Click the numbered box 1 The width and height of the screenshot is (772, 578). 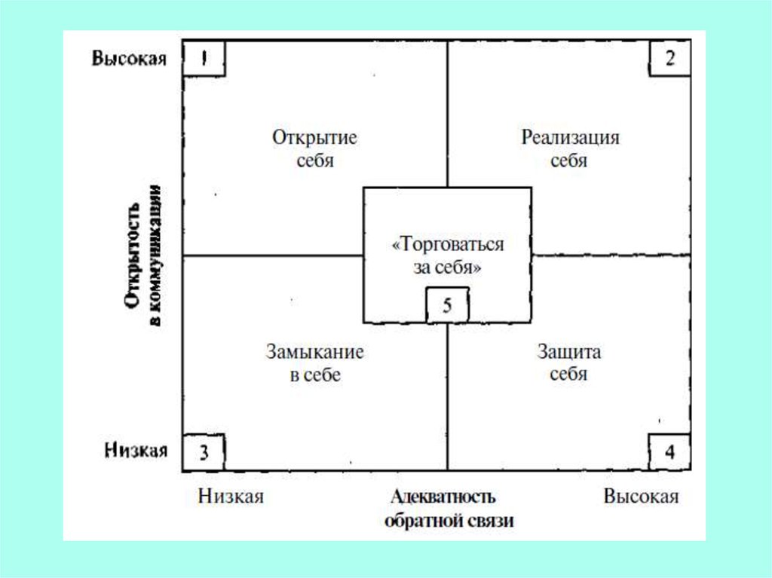pyautogui.click(x=204, y=58)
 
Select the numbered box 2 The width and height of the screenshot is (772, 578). pyautogui.click(x=669, y=58)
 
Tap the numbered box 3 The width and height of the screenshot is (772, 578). pyautogui.click(x=204, y=452)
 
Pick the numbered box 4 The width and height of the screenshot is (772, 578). pyautogui.click(x=669, y=452)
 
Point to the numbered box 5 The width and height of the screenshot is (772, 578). pyautogui.click(x=447, y=306)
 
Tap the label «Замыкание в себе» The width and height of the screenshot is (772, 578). pyautogui.click(x=314, y=363)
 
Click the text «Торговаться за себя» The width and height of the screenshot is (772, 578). pyautogui.click(x=448, y=255)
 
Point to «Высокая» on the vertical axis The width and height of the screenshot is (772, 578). pyautogui.click(x=129, y=59)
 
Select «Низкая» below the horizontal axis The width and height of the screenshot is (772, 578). pyautogui.click(x=231, y=496)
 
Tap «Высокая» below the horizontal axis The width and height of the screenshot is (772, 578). pyautogui.click(x=641, y=496)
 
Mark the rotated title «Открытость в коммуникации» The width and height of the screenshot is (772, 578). pyautogui.click(x=142, y=265)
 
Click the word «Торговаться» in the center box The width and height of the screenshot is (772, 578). pyautogui.click(x=448, y=245)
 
